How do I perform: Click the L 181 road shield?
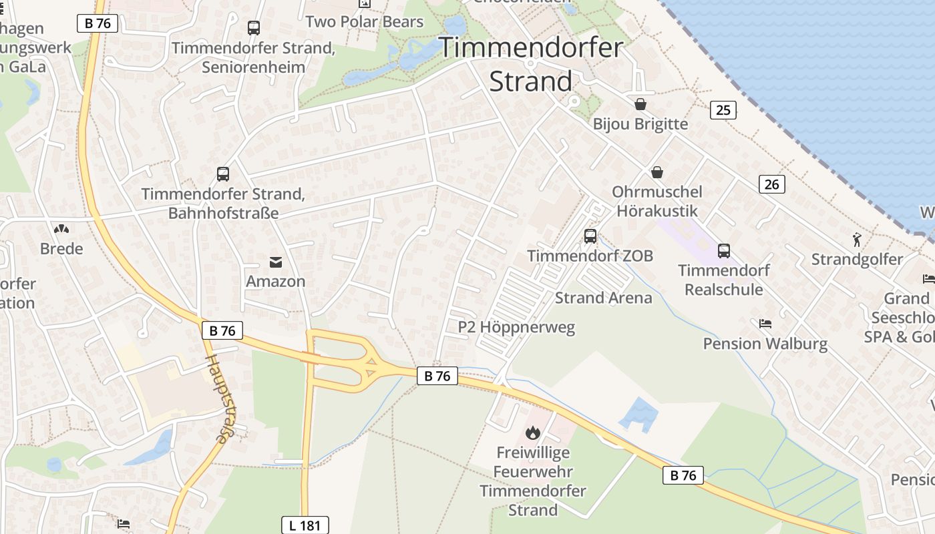click(x=305, y=525)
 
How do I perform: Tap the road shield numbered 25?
click(x=723, y=109)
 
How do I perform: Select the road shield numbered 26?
click(x=771, y=184)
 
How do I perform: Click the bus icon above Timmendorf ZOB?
click(x=590, y=236)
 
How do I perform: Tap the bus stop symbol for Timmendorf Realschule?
click(x=724, y=251)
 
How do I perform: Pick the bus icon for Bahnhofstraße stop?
click(x=223, y=174)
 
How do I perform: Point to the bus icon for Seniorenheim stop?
click(x=254, y=28)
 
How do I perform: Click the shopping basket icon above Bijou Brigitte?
click(x=640, y=104)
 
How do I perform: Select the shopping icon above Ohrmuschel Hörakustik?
click(x=658, y=172)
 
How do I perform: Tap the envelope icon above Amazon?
click(x=276, y=262)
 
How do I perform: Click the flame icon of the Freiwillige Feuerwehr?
click(x=532, y=433)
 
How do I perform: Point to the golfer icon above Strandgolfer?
click(x=857, y=239)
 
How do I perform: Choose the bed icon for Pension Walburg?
click(x=765, y=324)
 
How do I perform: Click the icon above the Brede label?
click(x=61, y=229)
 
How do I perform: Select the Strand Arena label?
click(x=603, y=298)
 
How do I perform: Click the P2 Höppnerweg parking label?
click(x=516, y=327)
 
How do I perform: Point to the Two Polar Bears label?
click(x=365, y=21)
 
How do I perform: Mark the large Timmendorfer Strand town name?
click(x=531, y=64)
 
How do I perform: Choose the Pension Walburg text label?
click(x=765, y=344)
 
